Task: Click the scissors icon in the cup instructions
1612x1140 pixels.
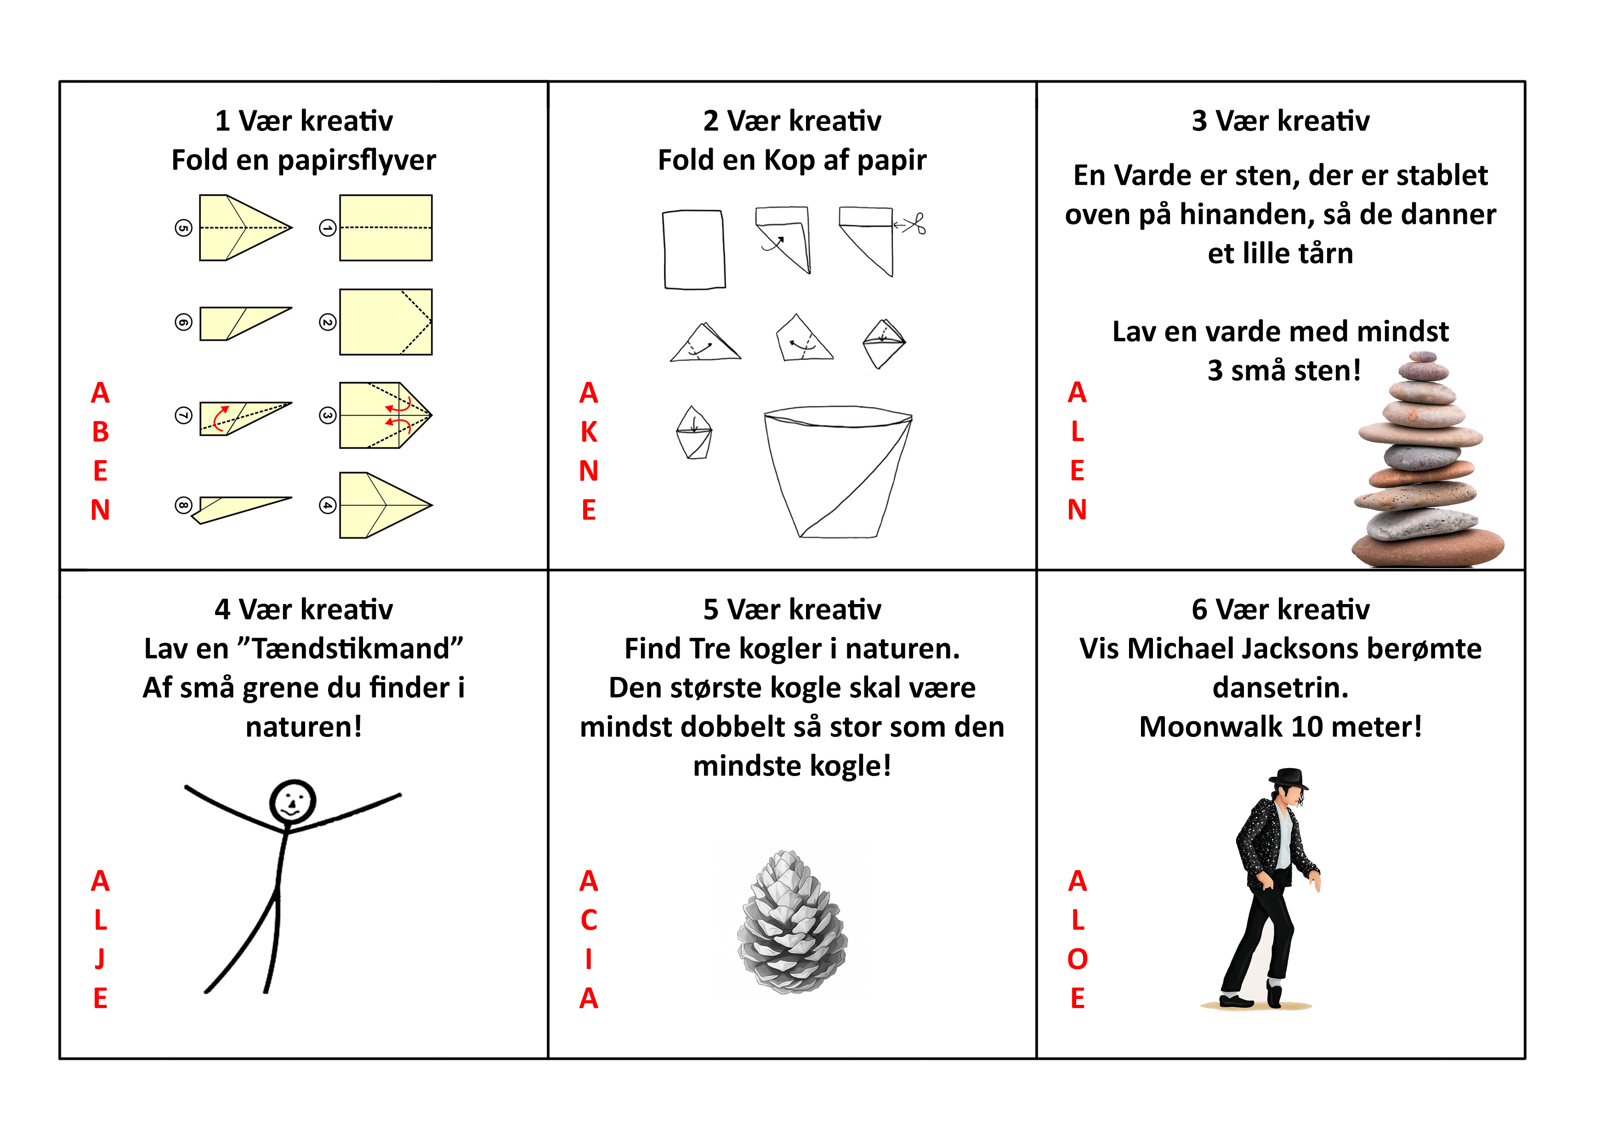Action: coord(914,224)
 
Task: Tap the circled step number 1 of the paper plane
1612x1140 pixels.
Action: coord(327,228)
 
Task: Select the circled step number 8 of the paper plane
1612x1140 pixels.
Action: coord(183,505)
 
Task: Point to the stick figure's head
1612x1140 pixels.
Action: coord(293,801)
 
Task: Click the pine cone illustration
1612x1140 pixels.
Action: coord(793,922)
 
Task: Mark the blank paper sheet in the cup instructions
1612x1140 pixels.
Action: coord(694,249)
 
